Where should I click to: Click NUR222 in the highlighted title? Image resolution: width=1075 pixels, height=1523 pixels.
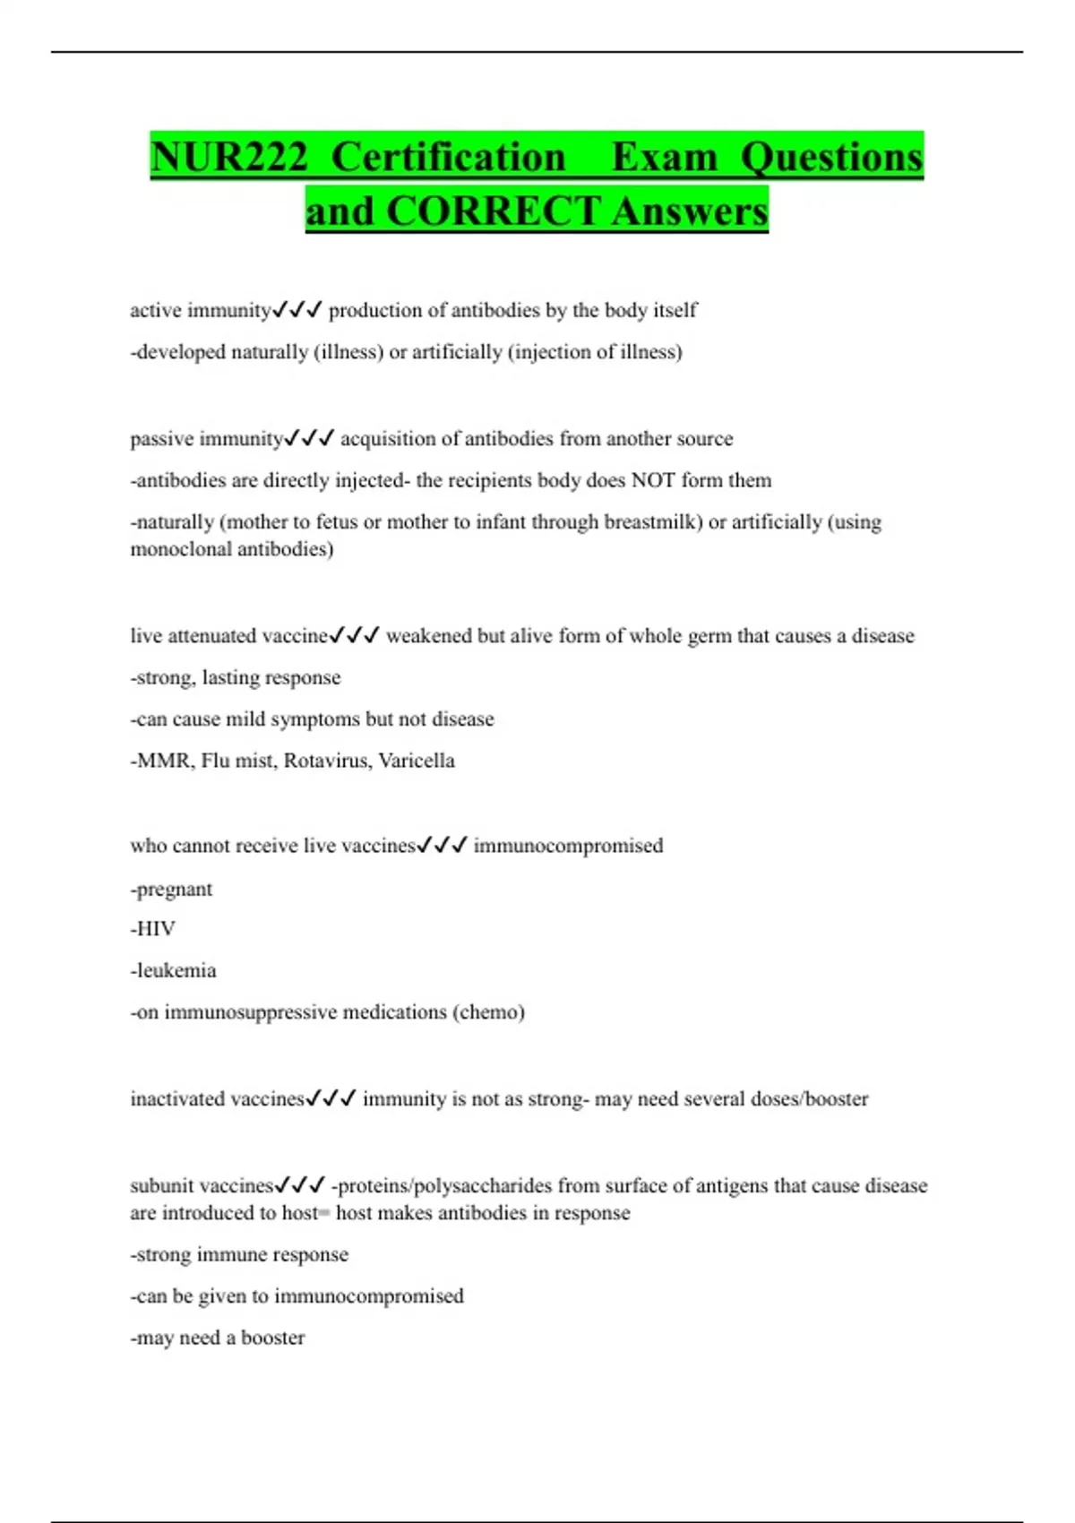(x=228, y=158)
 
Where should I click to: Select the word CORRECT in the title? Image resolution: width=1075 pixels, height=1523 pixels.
(x=493, y=212)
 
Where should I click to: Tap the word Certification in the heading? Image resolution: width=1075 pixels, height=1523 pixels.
(x=448, y=158)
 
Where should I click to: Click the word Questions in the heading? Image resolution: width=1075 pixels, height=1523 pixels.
(x=831, y=158)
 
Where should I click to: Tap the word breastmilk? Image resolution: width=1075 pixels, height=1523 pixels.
(x=652, y=522)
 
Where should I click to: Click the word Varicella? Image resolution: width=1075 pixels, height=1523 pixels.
(x=417, y=761)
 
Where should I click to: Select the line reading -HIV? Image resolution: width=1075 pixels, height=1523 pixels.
(x=153, y=929)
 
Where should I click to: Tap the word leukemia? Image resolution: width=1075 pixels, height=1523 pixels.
(x=176, y=970)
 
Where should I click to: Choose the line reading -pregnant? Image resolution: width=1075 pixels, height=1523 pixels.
(x=172, y=890)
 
